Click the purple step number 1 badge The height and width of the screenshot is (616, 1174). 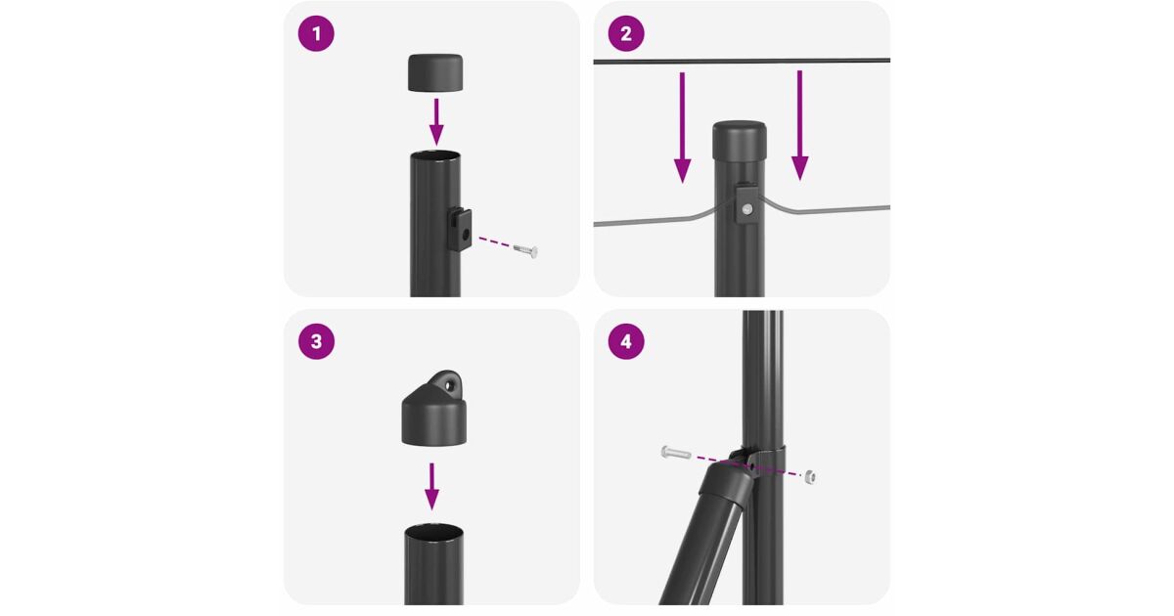316,33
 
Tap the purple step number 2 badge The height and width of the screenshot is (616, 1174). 626,33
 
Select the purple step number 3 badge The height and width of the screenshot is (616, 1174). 316,341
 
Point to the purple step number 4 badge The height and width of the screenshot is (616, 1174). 626,341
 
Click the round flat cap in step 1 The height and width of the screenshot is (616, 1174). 435,72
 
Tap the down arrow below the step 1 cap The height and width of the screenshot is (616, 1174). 436,122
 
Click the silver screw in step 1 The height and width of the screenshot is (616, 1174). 525,250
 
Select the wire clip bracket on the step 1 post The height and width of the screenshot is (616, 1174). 459,229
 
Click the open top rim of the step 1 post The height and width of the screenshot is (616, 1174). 435,156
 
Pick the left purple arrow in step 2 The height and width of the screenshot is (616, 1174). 682,128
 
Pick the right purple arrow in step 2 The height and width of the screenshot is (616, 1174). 800,126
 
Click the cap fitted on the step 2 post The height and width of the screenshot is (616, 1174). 739,141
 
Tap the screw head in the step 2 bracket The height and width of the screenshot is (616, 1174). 747,209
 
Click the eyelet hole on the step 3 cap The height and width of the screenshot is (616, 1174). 448,385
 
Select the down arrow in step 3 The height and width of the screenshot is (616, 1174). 431,487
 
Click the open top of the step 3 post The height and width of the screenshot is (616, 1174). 434,531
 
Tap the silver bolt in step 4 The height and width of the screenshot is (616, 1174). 676,453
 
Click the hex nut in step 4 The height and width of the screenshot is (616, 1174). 810,476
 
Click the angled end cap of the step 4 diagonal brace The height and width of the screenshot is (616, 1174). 726,485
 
